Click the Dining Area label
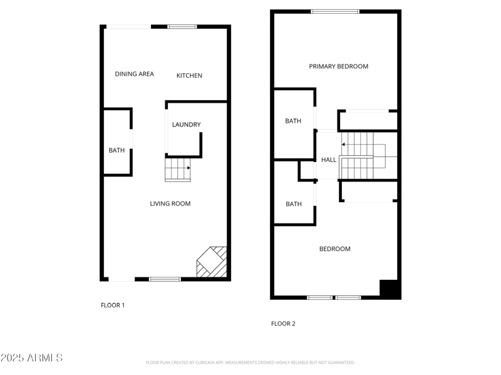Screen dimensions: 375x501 (x=134, y=74)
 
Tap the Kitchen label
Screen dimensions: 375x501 (x=189, y=76)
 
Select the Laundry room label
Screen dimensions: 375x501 (x=187, y=125)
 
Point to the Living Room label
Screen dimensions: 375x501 (x=170, y=203)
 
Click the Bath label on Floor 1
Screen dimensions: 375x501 (x=116, y=150)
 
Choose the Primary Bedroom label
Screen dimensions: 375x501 (x=338, y=66)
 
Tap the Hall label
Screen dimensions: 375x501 (x=329, y=160)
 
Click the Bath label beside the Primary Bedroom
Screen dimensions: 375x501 (x=293, y=121)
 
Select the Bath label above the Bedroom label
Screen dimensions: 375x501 (x=294, y=204)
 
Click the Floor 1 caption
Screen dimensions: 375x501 (x=113, y=306)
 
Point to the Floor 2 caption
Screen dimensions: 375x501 (x=283, y=324)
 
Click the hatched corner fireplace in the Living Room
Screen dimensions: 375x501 (x=212, y=262)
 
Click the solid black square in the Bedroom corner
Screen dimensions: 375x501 (x=390, y=289)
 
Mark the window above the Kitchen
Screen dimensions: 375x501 (x=182, y=26)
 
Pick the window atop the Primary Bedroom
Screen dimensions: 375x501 (x=336, y=11)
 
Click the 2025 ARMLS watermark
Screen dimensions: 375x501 (x=31, y=358)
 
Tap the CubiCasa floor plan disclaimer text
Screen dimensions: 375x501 (x=250, y=362)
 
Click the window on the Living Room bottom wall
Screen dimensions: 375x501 (x=165, y=279)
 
